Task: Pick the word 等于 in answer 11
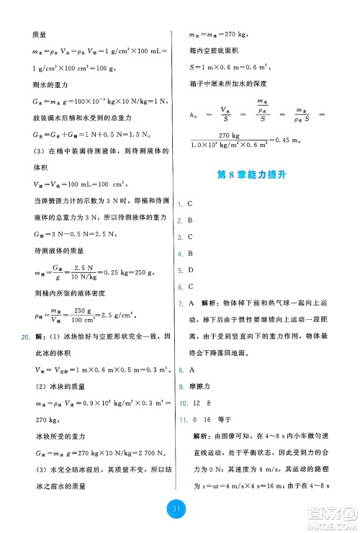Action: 224,419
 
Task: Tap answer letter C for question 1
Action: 189,205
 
